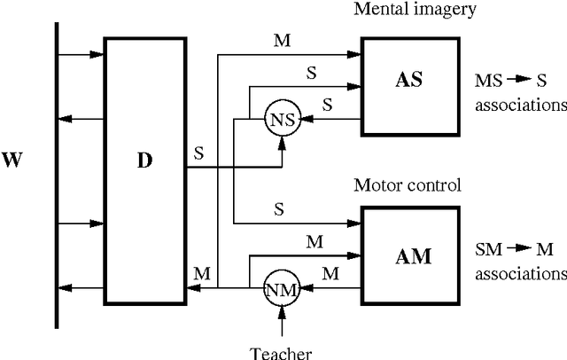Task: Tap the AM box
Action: pyautogui.click(x=411, y=256)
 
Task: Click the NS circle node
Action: pyautogui.click(x=283, y=118)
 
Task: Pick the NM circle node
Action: pyautogui.click(x=283, y=288)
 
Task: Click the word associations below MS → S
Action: pyautogui.click(x=520, y=105)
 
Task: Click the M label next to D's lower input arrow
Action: pyautogui.click(x=202, y=276)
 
